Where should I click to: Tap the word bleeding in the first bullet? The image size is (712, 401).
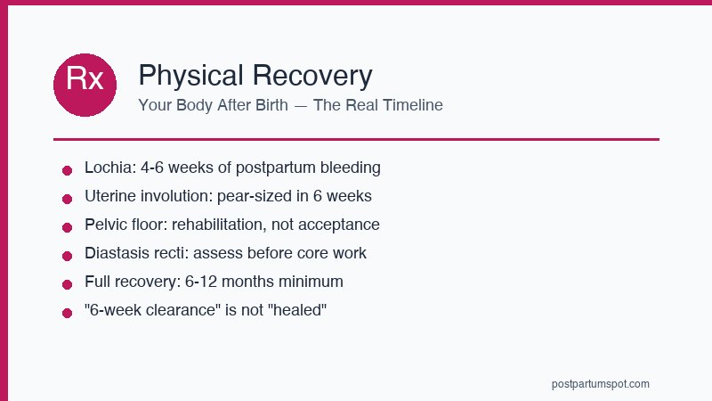(351, 168)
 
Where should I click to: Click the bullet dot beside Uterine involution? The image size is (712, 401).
(67, 199)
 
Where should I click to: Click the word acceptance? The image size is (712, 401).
(342, 225)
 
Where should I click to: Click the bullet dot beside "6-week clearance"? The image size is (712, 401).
(67, 313)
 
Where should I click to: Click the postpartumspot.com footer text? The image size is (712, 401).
(601, 384)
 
